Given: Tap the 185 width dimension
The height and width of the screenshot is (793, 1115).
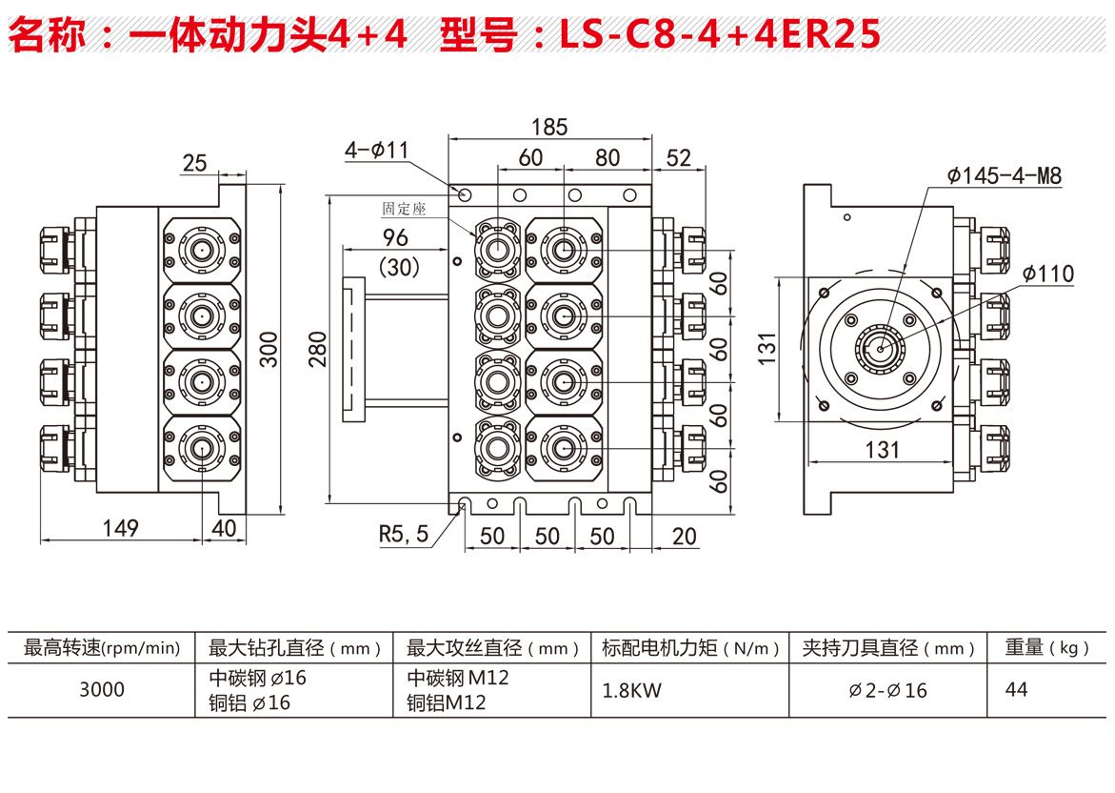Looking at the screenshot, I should (549, 126).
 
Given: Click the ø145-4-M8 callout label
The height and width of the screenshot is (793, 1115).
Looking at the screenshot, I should (1004, 175).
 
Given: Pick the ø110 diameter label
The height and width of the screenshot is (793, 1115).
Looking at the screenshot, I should (1047, 274).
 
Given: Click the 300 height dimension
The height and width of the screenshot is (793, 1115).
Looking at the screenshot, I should (269, 349).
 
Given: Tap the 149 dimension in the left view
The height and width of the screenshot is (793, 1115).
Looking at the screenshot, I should (121, 527).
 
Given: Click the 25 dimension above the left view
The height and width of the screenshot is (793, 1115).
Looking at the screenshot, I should (195, 163).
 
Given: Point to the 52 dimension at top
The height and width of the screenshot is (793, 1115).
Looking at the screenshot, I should (679, 158).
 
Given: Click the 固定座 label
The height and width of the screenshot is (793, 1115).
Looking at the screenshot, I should (403, 208).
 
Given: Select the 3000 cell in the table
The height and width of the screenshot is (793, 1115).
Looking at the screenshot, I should (102, 689).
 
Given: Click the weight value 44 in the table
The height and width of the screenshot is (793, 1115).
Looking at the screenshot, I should (1016, 688).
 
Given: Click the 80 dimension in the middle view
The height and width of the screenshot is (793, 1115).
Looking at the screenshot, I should (607, 158).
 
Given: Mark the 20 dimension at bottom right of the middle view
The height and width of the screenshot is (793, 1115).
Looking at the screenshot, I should (684, 536).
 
